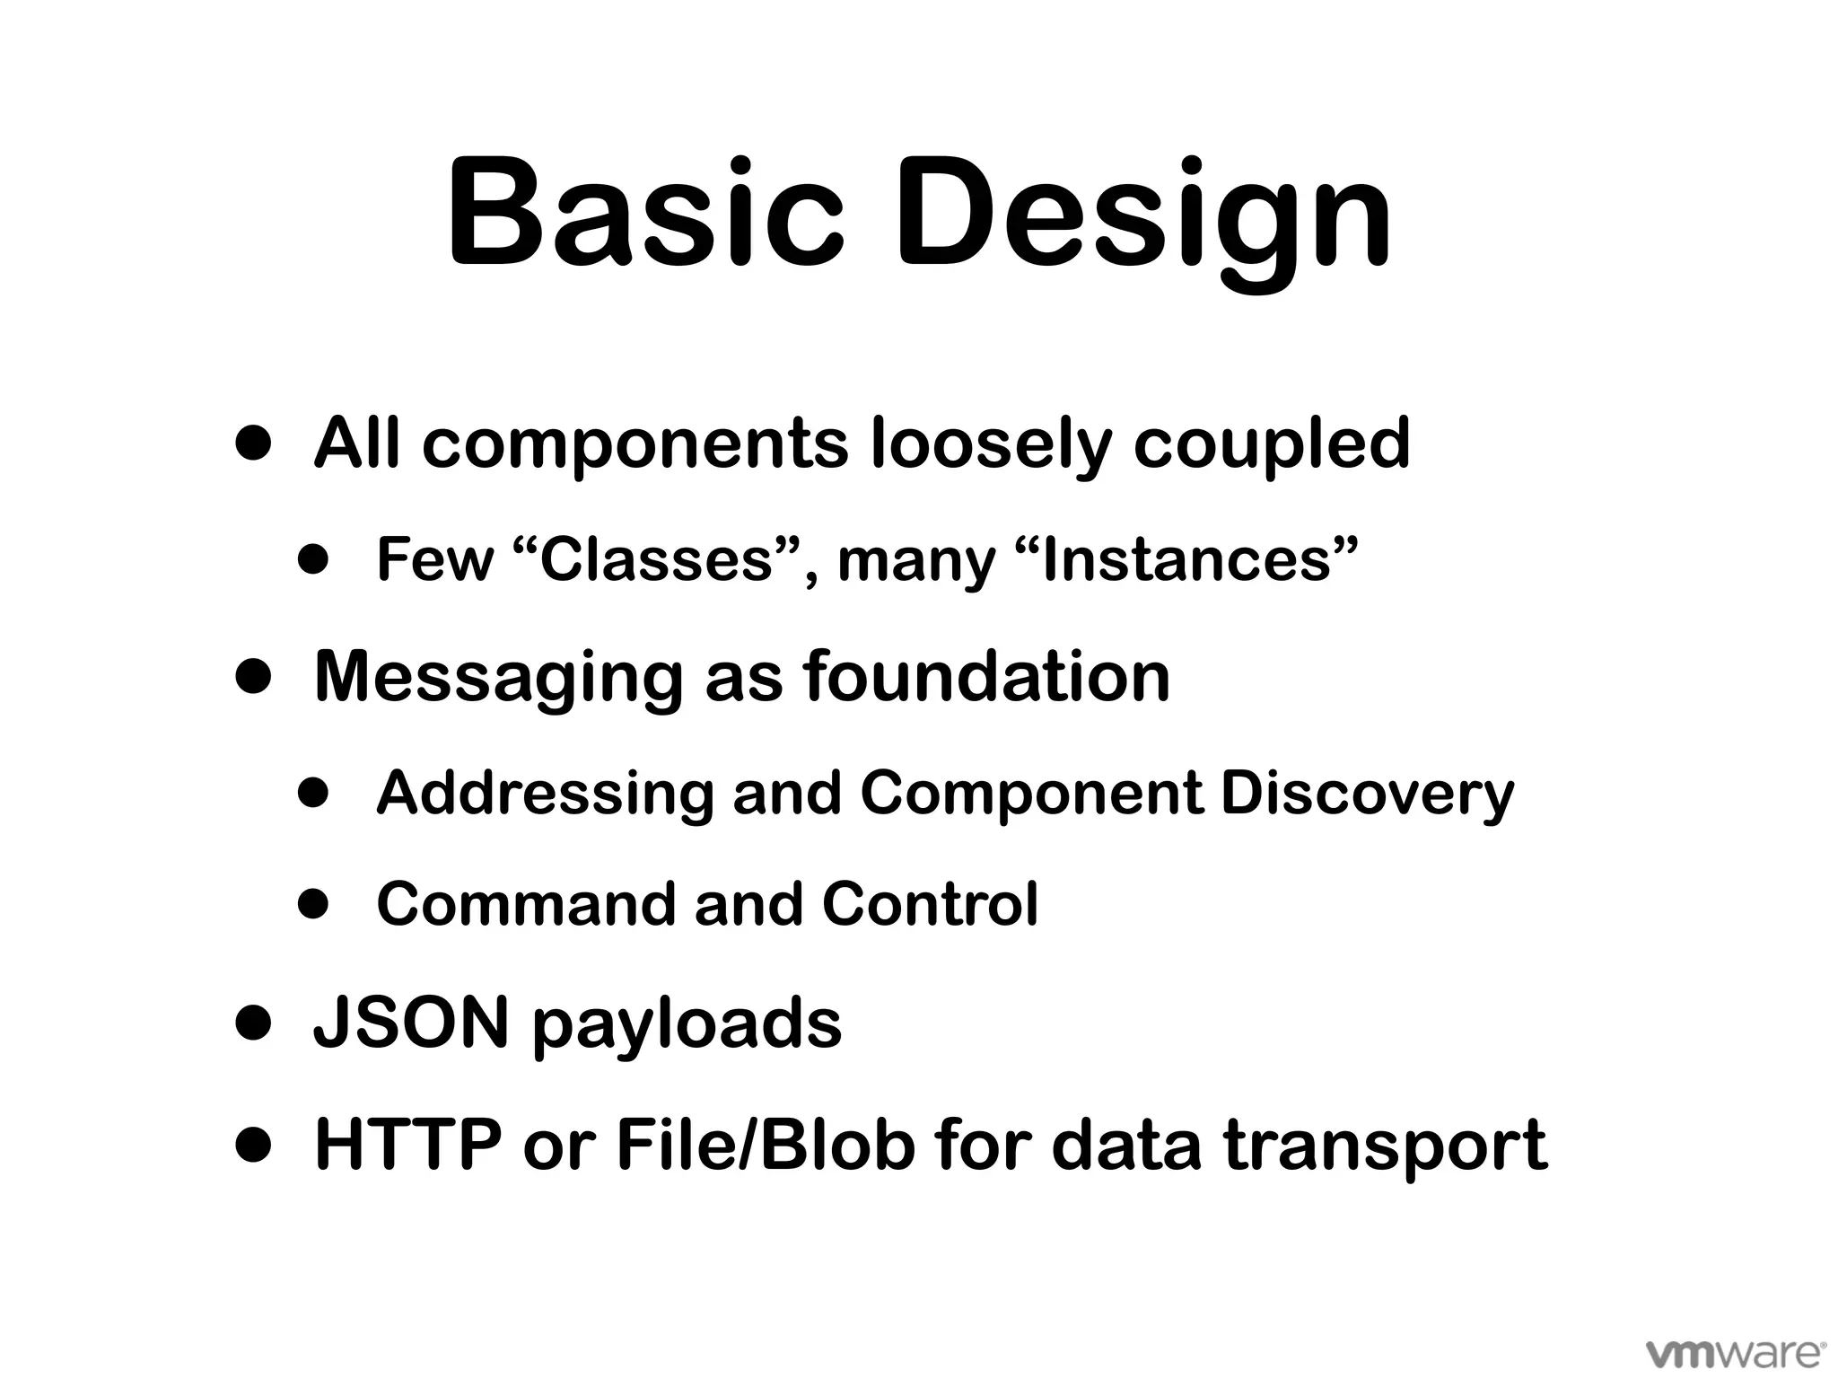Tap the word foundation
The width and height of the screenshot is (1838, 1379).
coord(986,677)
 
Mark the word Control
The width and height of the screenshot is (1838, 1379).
coord(930,904)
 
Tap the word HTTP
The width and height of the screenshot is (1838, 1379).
coord(408,1145)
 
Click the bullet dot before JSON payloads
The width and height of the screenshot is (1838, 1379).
coord(253,1023)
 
